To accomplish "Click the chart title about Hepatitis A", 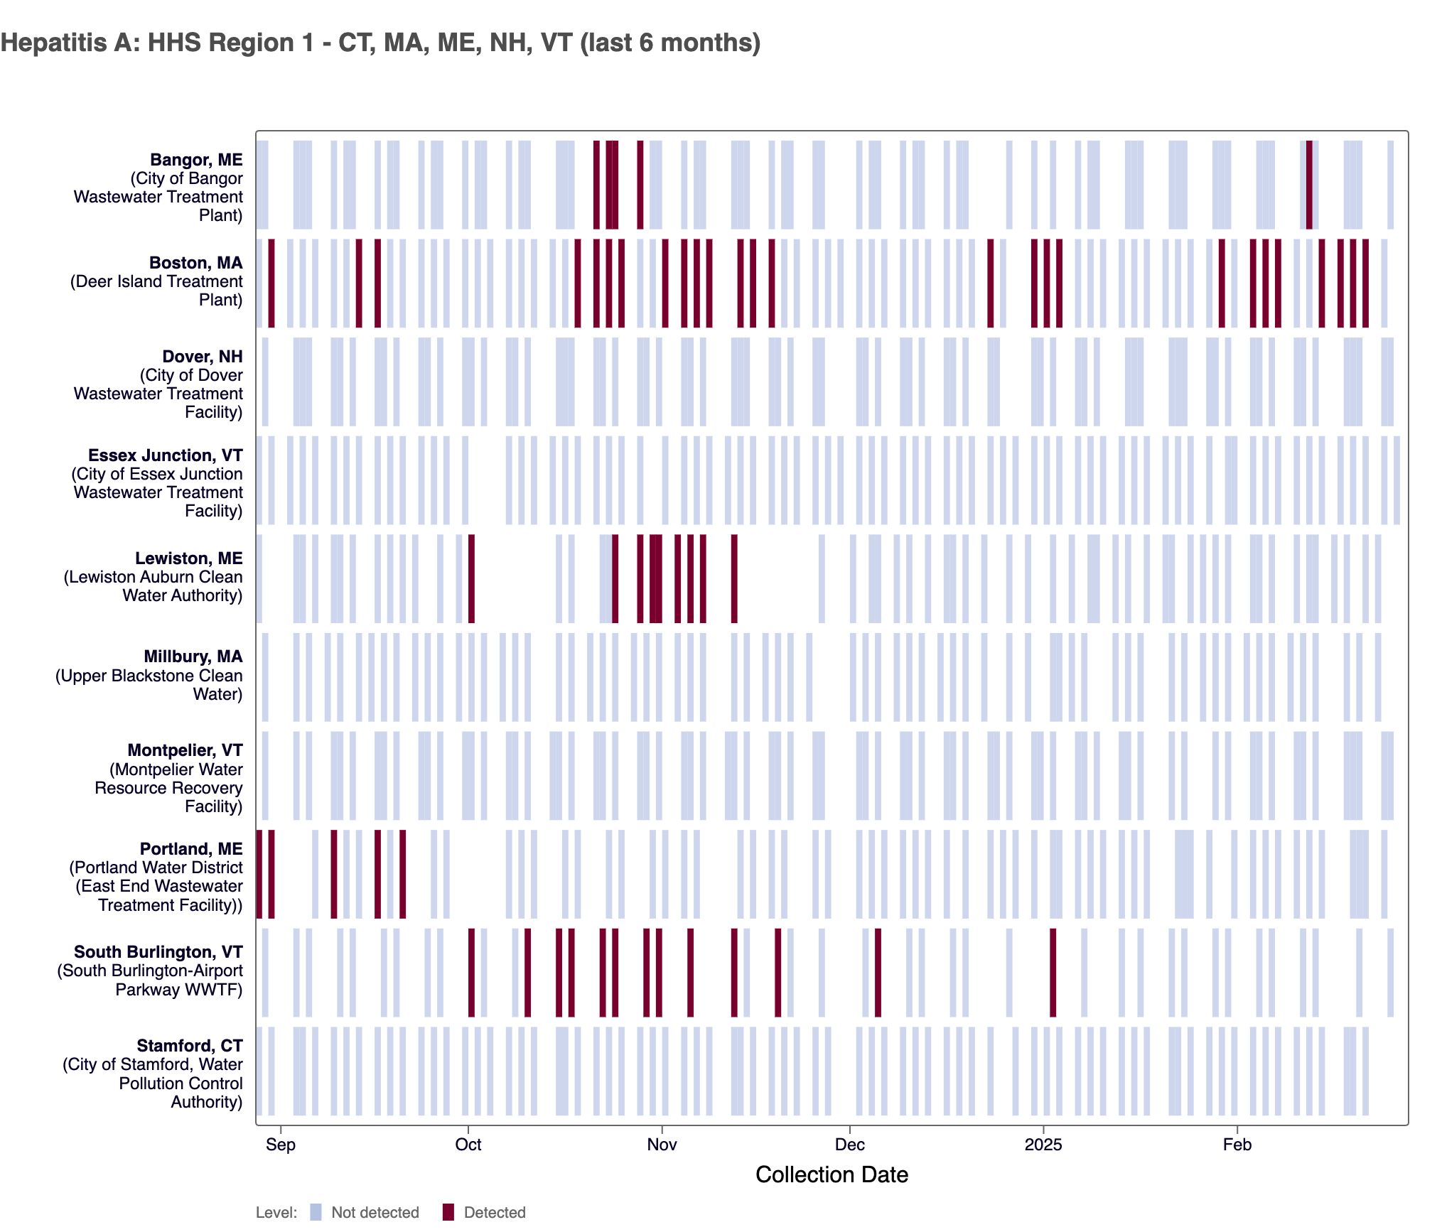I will (x=380, y=43).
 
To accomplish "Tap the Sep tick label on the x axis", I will (x=281, y=1145).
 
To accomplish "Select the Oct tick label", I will (x=468, y=1145).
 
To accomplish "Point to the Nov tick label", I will (x=662, y=1145).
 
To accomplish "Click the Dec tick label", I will (x=850, y=1145).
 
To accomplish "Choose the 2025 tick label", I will (x=1043, y=1145).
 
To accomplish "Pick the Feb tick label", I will (x=1237, y=1145).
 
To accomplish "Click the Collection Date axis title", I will (x=831, y=1175).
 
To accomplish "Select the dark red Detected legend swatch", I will (x=448, y=1212).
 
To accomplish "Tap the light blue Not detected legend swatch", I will (x=316, y=1212).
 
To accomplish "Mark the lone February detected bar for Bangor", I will (x=1309, y=185).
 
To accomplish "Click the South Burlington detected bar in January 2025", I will (x=1053, y=973).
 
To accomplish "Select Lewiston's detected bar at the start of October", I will (x=471, y=578).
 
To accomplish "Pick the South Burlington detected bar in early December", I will (x=878, y=973).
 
